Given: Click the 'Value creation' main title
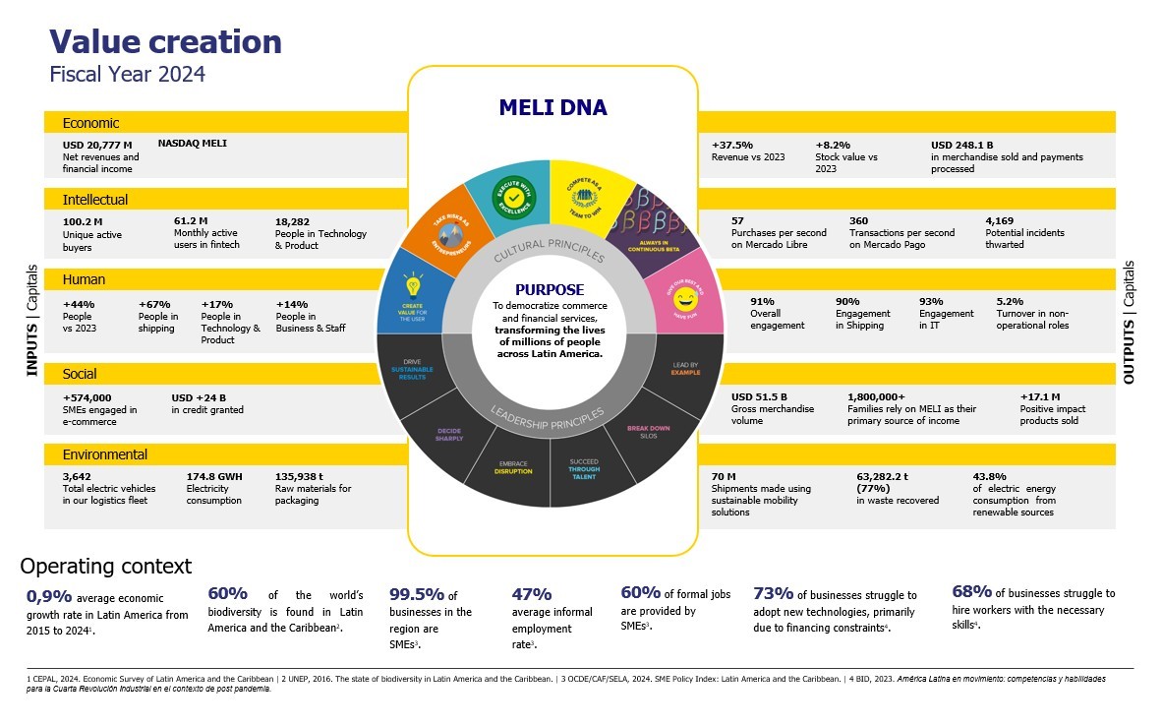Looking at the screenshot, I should [x=165, y=41].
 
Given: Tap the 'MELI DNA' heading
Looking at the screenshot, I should [x=552, y=108].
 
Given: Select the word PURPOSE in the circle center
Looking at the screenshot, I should [x=550, y=290].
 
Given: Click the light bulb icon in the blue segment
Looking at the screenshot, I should [x=413, y=287].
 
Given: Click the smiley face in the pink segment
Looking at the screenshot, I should [x=684, y=296].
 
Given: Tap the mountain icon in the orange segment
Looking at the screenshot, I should [x=449, y=234].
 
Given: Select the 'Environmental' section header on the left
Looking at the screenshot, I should [x=105, y=454].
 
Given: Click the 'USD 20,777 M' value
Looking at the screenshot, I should [x=97, y=145].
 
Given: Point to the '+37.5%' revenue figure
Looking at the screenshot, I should [x=731, y=145].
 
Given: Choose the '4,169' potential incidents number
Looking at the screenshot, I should [x=999, y=220].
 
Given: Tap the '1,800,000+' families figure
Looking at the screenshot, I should [x=876, y=396].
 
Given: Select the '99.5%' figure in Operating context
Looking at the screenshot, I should [x=417, y=595].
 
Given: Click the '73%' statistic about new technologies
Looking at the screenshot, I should [x=772, y=593].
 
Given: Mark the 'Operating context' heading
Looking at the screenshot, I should [x=105, y=567].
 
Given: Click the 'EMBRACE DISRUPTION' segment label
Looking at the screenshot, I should [x=513, y=467].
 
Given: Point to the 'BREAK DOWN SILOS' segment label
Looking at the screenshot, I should [x=648, y=432].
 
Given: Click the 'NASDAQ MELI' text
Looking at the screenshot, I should [x=192, y=144].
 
